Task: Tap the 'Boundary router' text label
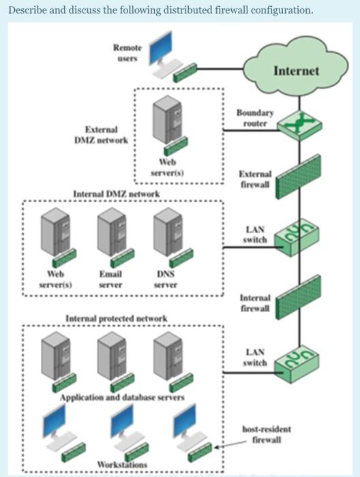[x=256, y=118]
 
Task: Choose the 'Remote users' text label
[x=125, y=51]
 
